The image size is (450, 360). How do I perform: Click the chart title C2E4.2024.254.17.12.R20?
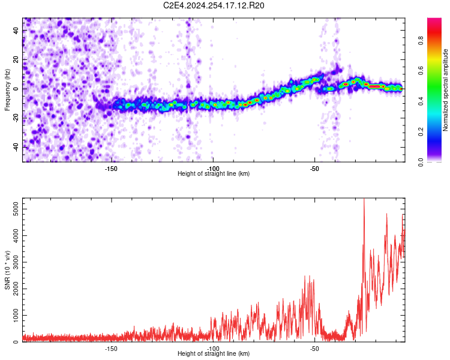click(214, 5)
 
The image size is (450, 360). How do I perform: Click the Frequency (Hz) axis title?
click(7, 90)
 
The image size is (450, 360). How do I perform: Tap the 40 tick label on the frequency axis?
click(16, 31)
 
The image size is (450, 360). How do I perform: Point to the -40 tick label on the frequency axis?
click(16, 147)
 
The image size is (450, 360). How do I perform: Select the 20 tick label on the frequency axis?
click(16, 60)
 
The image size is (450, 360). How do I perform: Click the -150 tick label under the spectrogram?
click(111, 169)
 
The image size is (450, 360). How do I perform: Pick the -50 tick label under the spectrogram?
click(314, 169)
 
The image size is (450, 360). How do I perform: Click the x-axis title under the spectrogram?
click(214, 173)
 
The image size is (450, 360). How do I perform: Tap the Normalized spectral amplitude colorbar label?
click(445, 90)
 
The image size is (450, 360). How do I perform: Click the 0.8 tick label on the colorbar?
click(421, 41)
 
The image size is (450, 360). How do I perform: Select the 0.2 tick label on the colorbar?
click(421, 131)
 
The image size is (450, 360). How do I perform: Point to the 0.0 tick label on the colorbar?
click(421, 162)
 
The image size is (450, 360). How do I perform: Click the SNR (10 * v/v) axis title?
click(7, 270)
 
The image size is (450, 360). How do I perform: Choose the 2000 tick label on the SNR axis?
click(16, 289)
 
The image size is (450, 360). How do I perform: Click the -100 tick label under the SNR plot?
click(213, 349)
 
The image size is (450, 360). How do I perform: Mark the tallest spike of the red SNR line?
click(364, 199)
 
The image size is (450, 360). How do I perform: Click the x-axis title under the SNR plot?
click(214, 353)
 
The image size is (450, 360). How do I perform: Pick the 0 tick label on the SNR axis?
click(16, 341)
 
